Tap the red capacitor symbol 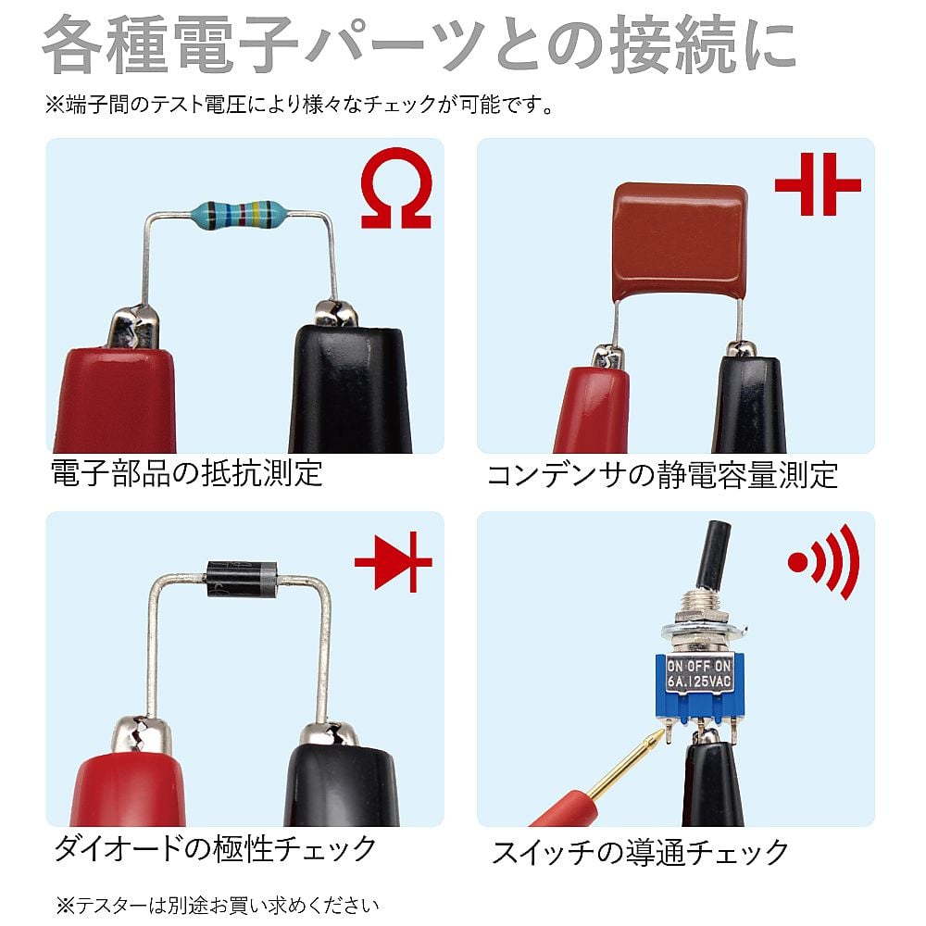click(x=818, y=184)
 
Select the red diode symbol click(x=394, y=562)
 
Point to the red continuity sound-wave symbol click(x=824, y=562)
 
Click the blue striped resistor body click(x=239, y=215)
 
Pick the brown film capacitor click(x=680, y=241)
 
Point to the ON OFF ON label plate click(x=699, y=674)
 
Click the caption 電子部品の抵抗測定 click(x=187, y=473)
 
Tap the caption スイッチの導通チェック click(x=640, y=852)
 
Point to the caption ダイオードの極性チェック click(x=215, y=848)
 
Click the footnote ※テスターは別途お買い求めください click(x=218, y=906)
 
